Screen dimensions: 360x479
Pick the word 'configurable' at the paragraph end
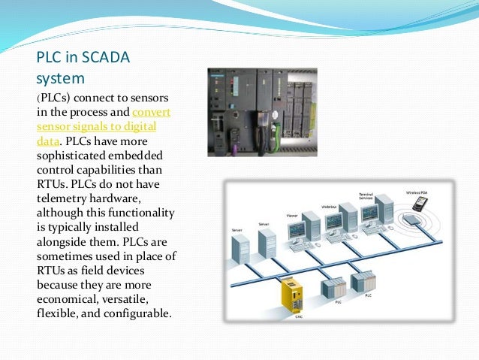coord(137,313)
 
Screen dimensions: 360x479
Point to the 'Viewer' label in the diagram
coord(292,216)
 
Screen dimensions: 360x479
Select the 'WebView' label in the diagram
coord(328,205)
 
